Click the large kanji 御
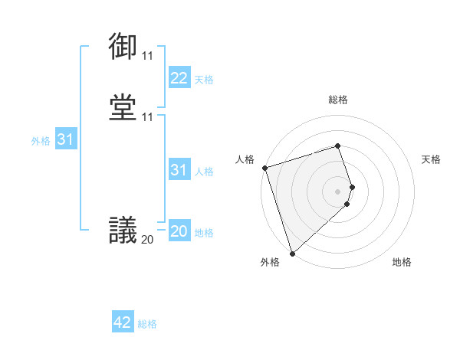point(123,47)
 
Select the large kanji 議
point(123,230)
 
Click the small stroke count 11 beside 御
point(147,56)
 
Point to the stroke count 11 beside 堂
point(147,117)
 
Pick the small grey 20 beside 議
point(147,239)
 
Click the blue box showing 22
point(179,78)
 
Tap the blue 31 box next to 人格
point(179,170)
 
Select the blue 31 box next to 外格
point(65,139)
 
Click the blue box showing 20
point(179,231)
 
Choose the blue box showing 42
point(122,322)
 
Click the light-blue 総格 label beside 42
point(147,324)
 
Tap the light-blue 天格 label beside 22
point(204,80)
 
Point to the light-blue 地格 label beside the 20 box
point(204,233)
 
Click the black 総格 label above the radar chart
point(338,100)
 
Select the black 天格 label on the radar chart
point(432,159)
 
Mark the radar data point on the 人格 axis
point(264,168)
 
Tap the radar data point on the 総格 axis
point(338,146)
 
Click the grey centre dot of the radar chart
point(338,191)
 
